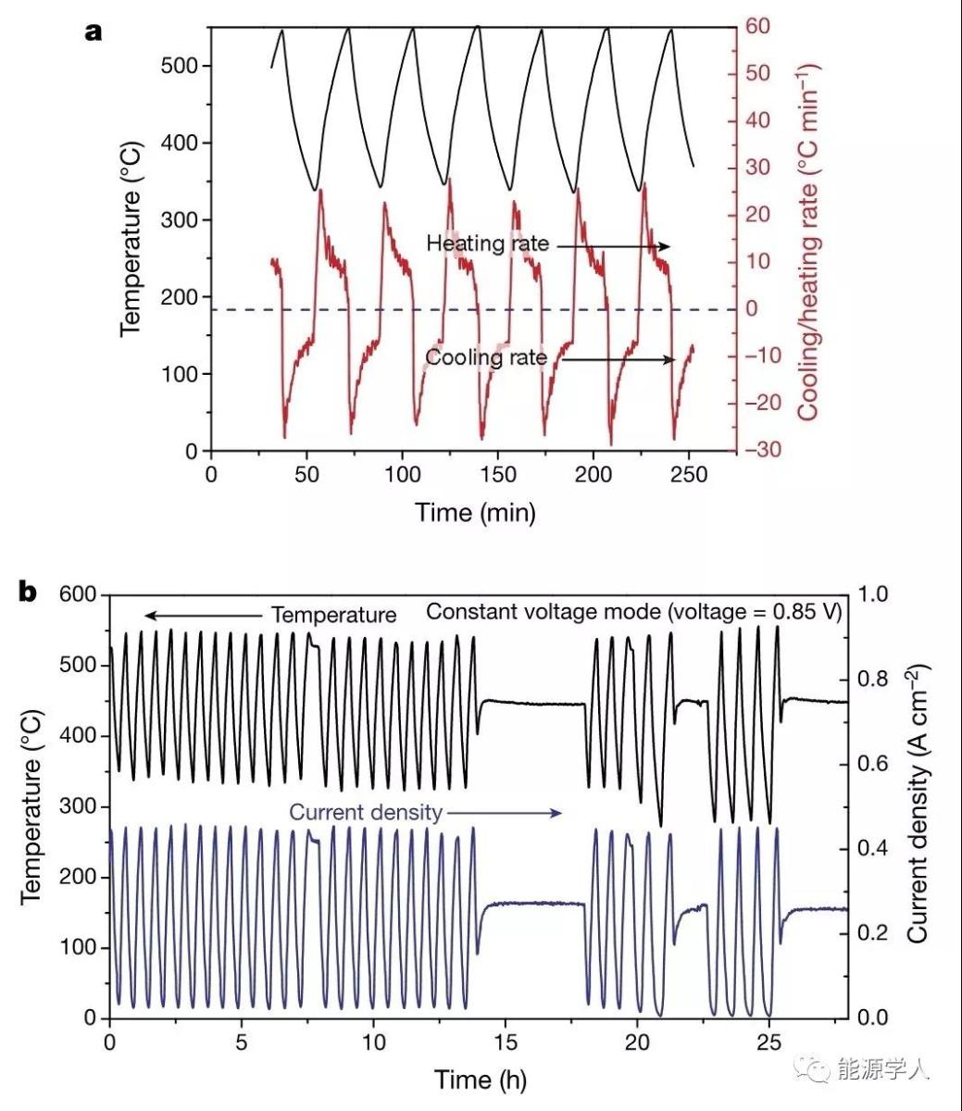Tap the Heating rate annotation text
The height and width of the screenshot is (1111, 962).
pos(487,244)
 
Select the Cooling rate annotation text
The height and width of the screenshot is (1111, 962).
pos(486,357)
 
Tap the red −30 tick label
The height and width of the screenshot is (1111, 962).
pos(763,450)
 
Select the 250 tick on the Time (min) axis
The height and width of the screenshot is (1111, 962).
pos(688,475)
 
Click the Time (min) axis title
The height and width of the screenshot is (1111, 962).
pos(474,512)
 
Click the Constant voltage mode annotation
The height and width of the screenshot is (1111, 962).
pos(633,612)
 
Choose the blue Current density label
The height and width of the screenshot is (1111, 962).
pos(366,813)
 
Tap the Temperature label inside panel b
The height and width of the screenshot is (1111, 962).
pos(333,615)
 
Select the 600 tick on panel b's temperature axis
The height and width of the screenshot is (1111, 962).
pos(79,594)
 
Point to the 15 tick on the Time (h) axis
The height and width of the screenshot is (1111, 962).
pos(505,1042)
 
